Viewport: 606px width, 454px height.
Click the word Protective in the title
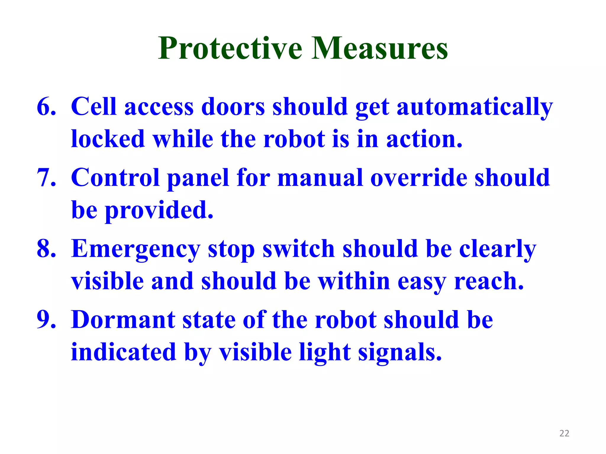click(x=230, y=48)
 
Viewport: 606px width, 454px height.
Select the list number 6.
click(x=46, y=107)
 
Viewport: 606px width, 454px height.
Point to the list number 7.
click(x=46, y=178)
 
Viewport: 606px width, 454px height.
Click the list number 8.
click(x=46, y=249)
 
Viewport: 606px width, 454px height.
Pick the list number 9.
click(x=46, y=320)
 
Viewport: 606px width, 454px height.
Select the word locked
click(x=108, y=139)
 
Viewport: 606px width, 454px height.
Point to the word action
click(x=424, y=139)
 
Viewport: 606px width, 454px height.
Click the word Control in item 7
click(x=115, y=178)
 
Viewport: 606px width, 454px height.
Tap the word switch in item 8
click(x=299, y=249)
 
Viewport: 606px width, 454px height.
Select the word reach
click(x=489, y=281)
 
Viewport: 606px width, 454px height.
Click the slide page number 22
click(x=564, y=433)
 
